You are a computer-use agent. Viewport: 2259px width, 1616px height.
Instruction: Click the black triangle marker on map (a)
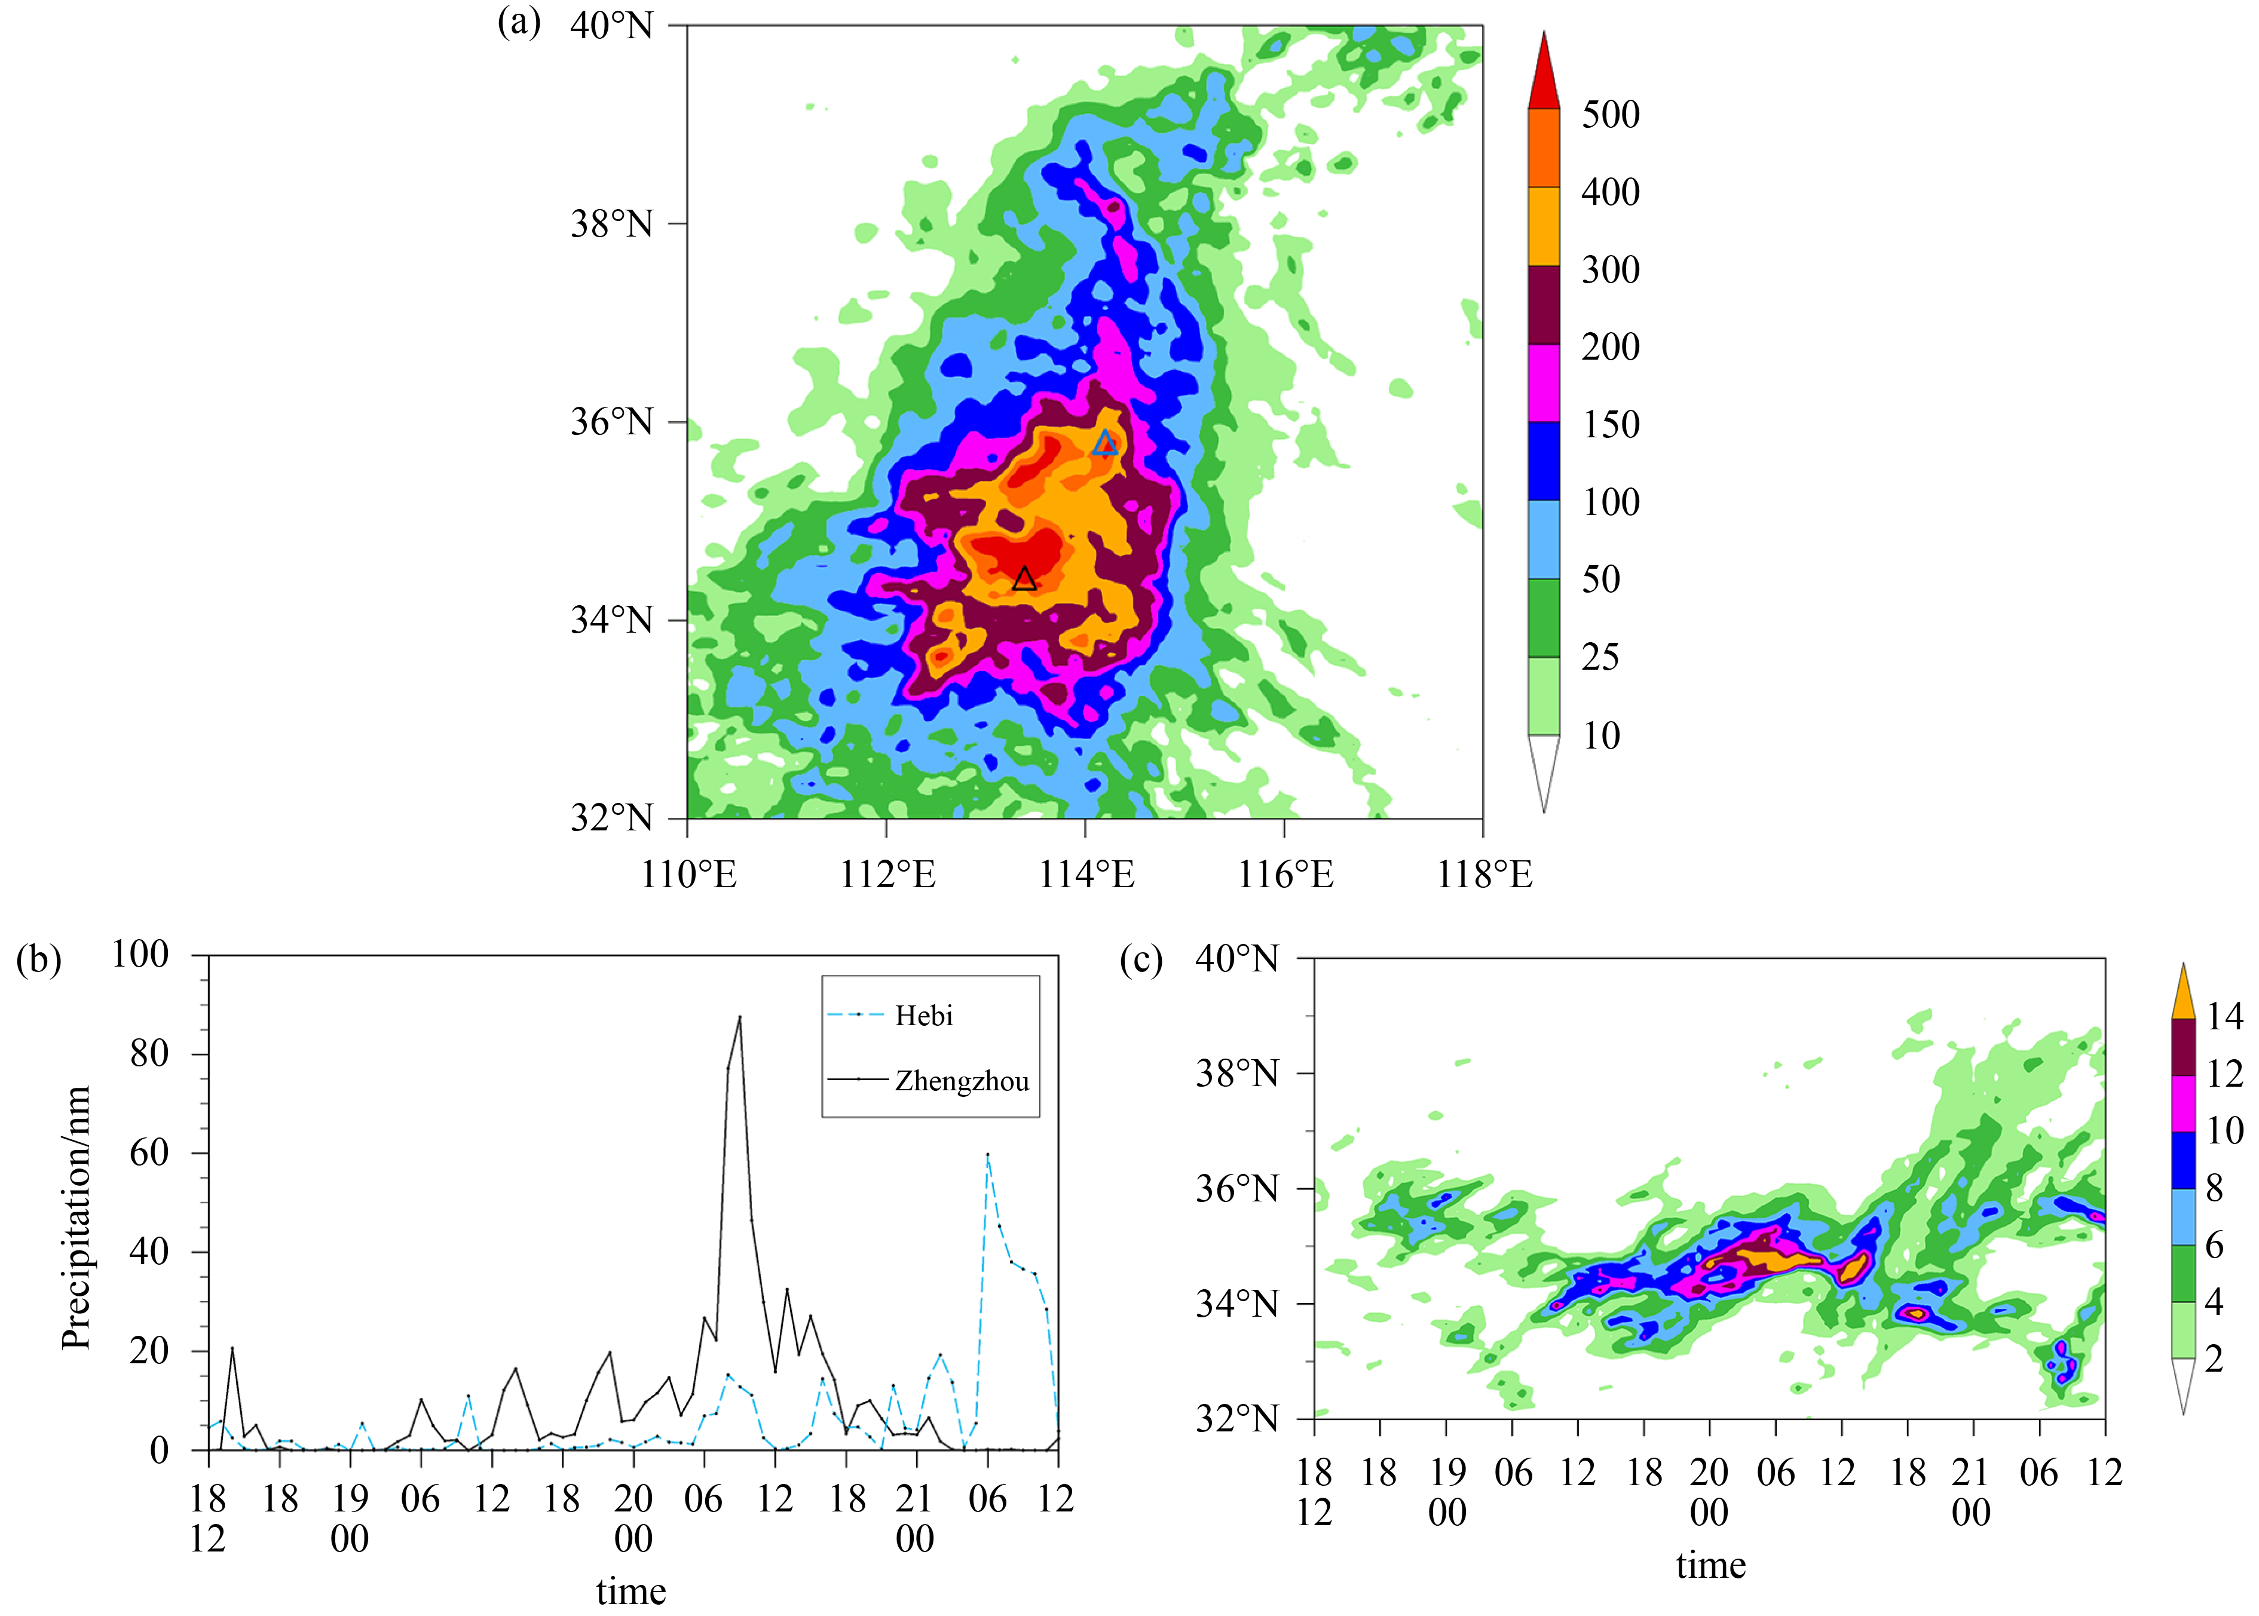point(1024,579)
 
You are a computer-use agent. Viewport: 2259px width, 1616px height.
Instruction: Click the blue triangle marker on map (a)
point(1104,444)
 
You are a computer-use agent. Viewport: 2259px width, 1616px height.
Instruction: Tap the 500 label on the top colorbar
point(1610,115)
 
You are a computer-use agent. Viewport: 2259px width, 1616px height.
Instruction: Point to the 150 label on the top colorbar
point(1610,425)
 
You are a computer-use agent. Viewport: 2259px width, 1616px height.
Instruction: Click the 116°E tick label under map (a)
point(1285,875)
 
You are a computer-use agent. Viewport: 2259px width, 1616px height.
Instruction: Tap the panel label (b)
point(39,959)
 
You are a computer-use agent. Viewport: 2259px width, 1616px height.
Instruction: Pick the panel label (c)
point(1140,959)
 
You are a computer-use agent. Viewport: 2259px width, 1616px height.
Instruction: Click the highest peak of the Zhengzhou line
point(739,1017)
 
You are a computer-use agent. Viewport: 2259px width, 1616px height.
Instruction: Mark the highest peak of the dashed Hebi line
point(987,1154)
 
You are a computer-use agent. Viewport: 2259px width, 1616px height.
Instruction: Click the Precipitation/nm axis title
point(76,1217)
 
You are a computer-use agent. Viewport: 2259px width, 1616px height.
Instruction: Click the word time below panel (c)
point(1710,1564)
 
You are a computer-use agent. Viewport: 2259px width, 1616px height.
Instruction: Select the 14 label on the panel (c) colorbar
point(2225,1016)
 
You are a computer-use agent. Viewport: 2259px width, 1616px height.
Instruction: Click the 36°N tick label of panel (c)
point(1237,1188)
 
